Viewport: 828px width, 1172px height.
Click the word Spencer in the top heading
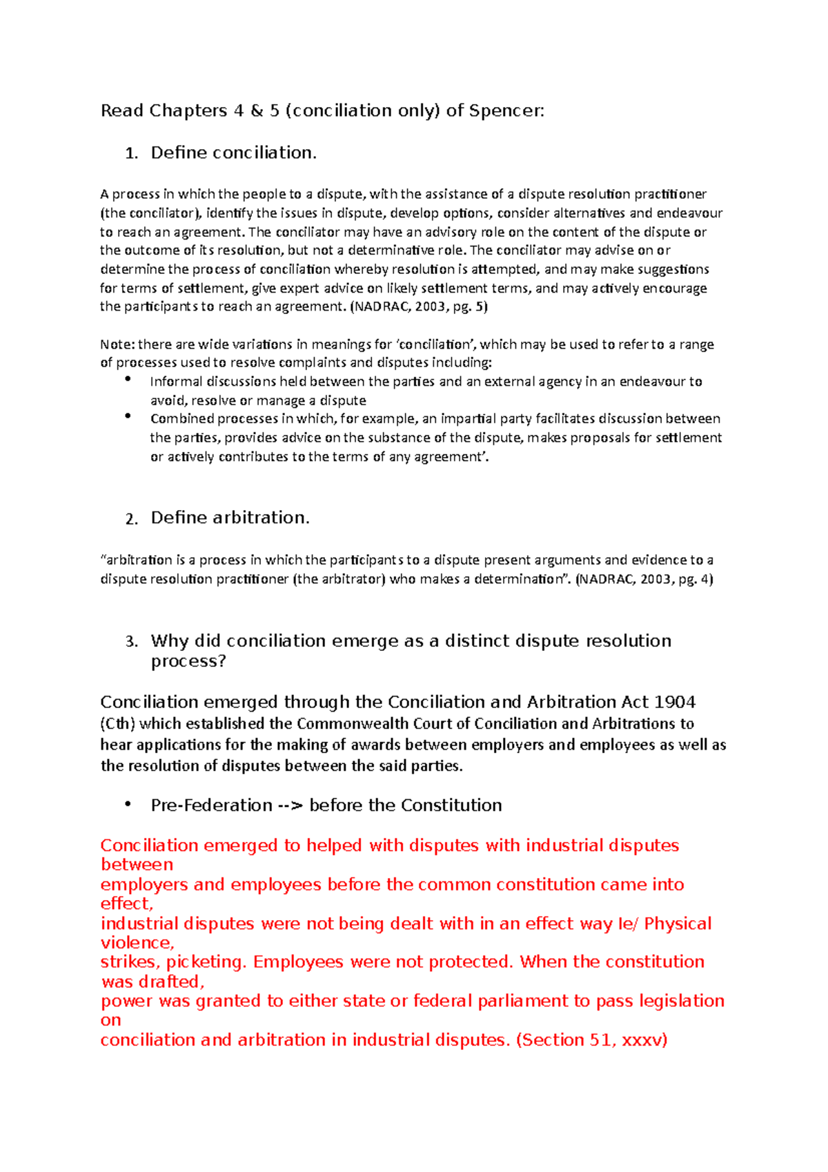506,111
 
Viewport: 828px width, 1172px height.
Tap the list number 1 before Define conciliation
131,154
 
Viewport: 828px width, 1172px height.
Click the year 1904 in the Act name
674,702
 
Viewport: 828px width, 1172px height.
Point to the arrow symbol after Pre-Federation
290,805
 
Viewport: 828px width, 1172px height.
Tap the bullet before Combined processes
128,416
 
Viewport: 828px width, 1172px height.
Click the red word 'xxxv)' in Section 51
644,1040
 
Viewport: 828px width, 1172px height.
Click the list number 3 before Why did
131,642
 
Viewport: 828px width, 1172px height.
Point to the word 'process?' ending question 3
188,661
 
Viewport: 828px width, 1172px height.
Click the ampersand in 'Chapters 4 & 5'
257,111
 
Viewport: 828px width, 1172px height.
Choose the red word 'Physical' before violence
678,924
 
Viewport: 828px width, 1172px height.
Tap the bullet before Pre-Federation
128,805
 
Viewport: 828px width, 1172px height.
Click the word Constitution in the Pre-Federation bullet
451,805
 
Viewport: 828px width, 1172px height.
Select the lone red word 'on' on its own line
110,1020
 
